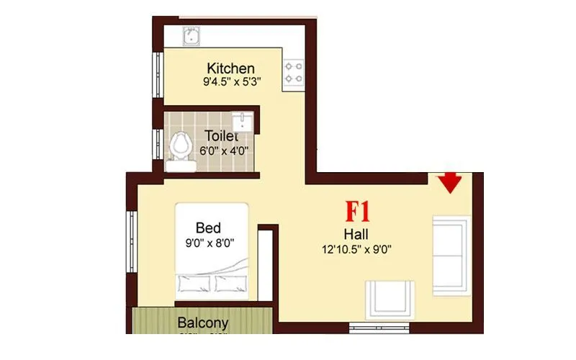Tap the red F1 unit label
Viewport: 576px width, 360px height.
coord(358,212)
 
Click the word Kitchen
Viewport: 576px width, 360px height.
coord(230,68)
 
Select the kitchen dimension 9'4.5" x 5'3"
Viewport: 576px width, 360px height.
coord(231,82)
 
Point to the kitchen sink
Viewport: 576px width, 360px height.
coord(193,35)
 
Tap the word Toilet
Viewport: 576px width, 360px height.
coord(222,135)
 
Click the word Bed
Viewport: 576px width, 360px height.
coord(208,229)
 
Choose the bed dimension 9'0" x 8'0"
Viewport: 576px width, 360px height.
coord(211,243)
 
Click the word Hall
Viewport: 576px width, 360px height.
coord(357,234)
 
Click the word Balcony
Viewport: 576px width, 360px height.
coord(203,323)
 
